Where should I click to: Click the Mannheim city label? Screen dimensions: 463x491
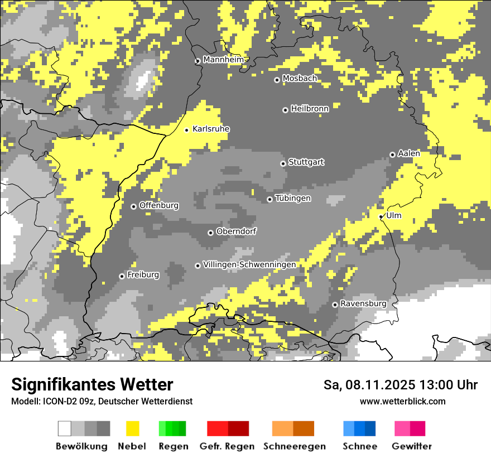[x=223, y=60]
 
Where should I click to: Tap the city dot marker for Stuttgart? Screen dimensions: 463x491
[x=283, y=163]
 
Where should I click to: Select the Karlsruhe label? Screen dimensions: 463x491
[x=211, y=129]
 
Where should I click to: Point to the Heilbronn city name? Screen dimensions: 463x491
[x=310, y=109]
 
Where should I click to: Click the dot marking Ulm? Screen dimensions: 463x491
[x=381, y=216]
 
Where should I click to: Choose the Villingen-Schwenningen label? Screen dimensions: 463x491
[x=249, y=264]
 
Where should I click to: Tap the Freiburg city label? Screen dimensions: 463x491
[x=143, y=275]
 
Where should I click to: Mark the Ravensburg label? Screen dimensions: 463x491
[x=363, y=303]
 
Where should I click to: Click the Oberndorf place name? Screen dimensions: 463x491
[x=236, y=231]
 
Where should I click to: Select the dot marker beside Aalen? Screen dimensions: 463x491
[x=392, y=155]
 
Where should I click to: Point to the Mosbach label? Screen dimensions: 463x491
[x=300, y=79]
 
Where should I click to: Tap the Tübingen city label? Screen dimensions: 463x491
[x=293, y=199]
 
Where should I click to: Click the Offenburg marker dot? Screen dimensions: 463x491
[x=133, y=206]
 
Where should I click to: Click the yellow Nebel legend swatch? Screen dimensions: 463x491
[x=132, y=428]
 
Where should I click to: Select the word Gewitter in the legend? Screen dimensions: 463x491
[x=412, y=446]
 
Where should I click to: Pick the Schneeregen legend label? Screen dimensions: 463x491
[x=295, y=446]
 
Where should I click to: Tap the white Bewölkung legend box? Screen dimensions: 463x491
[x=65, y=428]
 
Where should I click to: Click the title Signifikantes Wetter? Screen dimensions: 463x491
[x=92, y=384]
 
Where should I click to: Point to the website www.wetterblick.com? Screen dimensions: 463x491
[x=402, y=401]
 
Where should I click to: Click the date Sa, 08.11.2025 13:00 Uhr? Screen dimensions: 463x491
[x=401, y=385]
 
